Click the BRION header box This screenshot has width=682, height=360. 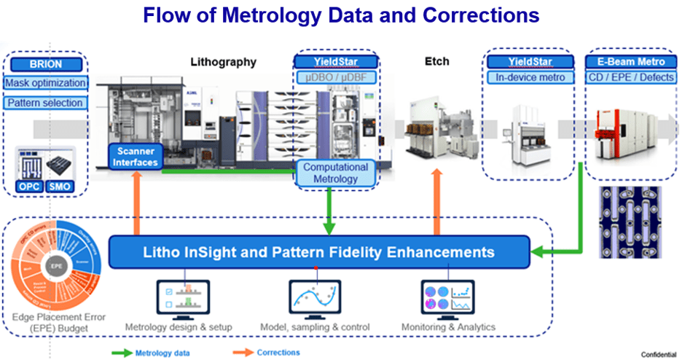(45, 64)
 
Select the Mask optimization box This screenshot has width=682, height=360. (45, 83)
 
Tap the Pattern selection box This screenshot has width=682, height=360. (45, 103)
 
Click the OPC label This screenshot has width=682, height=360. (29, 187)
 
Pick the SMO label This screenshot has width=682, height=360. (62, 187)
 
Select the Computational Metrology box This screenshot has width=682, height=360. (336, 173)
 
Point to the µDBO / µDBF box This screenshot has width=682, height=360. (336, 77)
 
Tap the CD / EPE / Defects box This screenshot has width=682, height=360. (631, 77)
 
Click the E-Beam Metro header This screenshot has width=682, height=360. (631, 61)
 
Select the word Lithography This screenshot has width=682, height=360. (223, 62)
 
